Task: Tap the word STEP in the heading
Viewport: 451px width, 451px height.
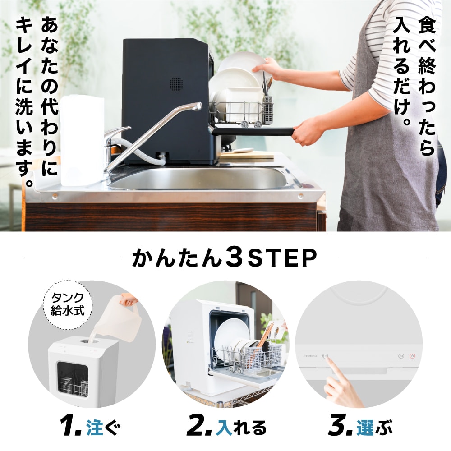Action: pos(281,258)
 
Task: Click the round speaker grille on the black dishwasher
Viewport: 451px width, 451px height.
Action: pos(176,83)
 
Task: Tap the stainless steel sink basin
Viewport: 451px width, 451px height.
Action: pos(198,178)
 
